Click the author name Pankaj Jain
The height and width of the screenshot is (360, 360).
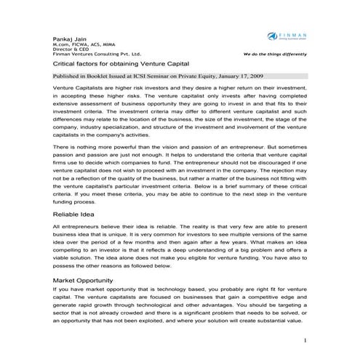(x=68, y=37)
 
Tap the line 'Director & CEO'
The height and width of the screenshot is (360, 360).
(x=68, y=49)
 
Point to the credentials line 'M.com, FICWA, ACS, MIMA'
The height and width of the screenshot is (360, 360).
(x=79, y=44)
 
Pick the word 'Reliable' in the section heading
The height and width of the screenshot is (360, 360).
(x=68, y=215)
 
